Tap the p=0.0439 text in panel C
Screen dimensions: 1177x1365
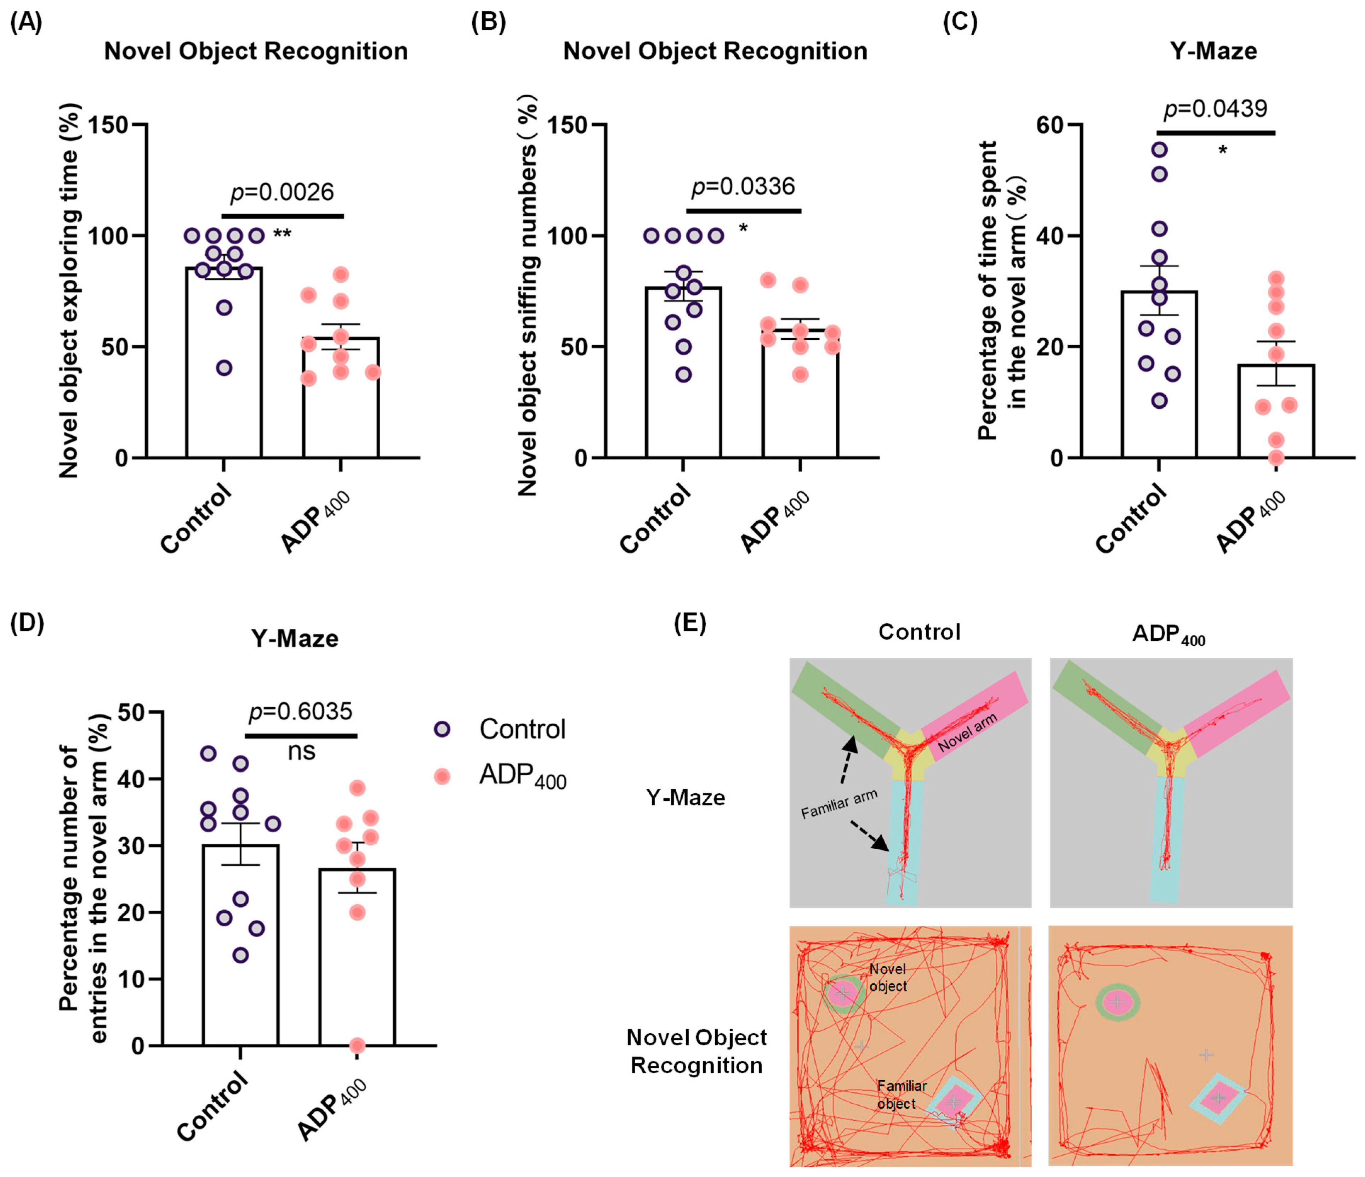pyautogui.click(x=1216, y=109)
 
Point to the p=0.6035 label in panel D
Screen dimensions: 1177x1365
pyautogui.click(x=300, y=712)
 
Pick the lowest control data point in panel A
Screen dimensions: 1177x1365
pyautogui.click(x=224, y=368)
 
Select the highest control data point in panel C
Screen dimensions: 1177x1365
pyautogui.click(x=1160, y=149)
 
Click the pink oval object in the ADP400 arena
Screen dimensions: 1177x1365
pyautogui.click(x=1117, y=1002)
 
